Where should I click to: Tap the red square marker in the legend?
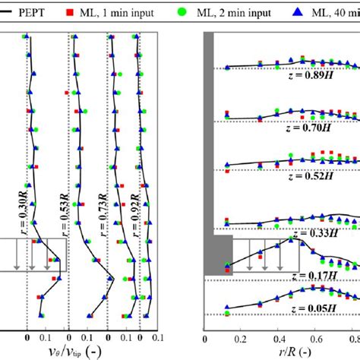click(x=90, y=12)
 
